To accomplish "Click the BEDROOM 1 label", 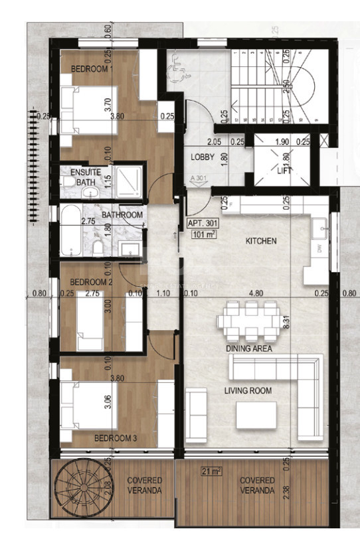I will click(92, 68).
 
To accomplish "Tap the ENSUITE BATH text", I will click(86, 177).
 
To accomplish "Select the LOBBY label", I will click(202, 157).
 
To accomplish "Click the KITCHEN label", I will click(260, 241).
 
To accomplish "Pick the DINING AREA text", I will click(249, 348).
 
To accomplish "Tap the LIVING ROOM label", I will click(248, 391).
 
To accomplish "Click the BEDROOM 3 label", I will click(115, 438).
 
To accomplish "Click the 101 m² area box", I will click(204, 234).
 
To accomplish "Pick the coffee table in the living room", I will click(258, 415).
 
